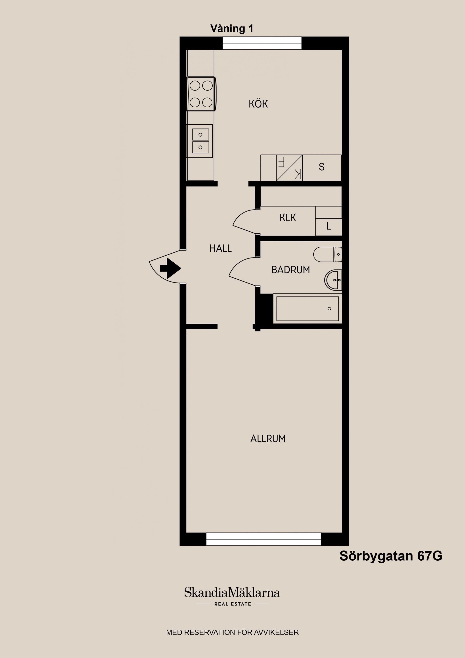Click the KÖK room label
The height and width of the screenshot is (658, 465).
[x=258, y=104]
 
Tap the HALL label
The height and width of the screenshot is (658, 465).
[x=220, y=248]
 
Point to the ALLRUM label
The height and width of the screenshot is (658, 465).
[x=268, y=439]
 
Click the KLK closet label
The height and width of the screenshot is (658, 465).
[x=288, y=218]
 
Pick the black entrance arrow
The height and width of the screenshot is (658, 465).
[x=171, y=268]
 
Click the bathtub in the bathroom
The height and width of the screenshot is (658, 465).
[x=307, y=309]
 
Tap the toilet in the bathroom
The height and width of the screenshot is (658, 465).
[x=327, y=254]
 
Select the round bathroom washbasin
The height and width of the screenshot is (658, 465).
[x=333, y=280]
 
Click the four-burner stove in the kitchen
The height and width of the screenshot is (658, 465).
[x=201, y=94]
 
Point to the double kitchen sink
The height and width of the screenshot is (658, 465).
[x=200, y=141]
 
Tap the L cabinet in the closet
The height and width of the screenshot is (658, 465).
[x=329, y=227]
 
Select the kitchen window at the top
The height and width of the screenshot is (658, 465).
[x=262, y=43]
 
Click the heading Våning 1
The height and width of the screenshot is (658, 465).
[x=232, y=28]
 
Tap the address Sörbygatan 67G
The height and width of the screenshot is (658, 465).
[x=391, y=556]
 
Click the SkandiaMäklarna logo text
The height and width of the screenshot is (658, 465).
[x=232, y=593]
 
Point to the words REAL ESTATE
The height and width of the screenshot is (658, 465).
[x=233, y=604]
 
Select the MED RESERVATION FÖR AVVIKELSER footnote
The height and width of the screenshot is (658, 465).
[x=232, y=632]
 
